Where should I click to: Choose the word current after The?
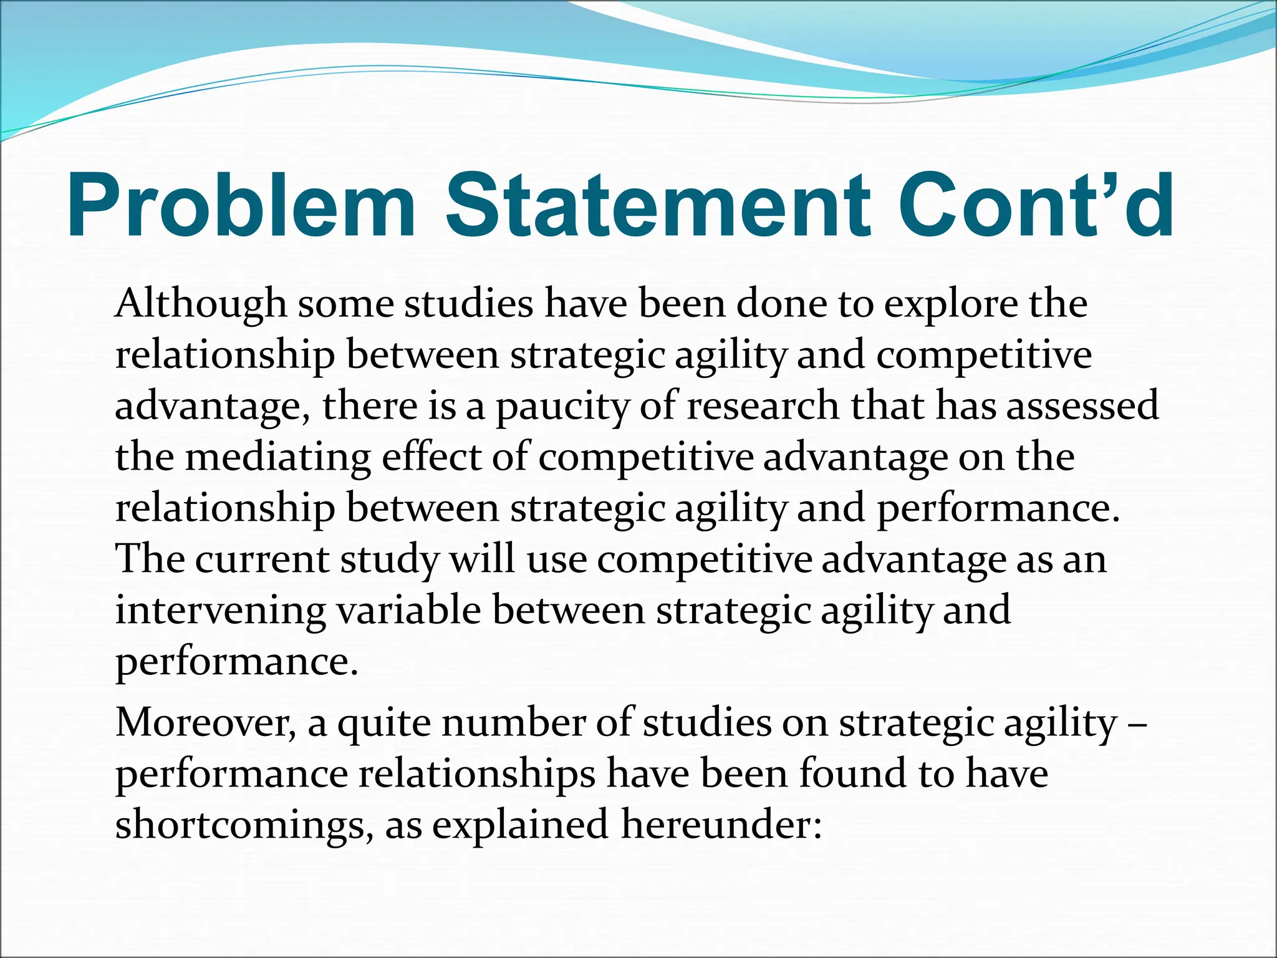tap(261, 559)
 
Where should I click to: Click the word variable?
tap(408, 610)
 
